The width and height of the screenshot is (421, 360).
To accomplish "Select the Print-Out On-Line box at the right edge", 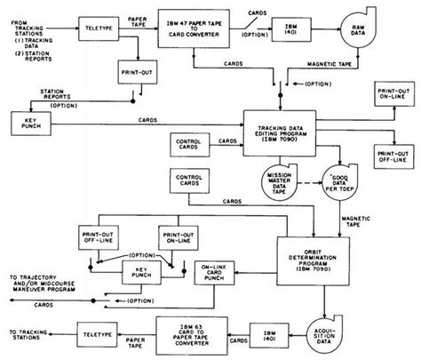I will click(x=393, y=95).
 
